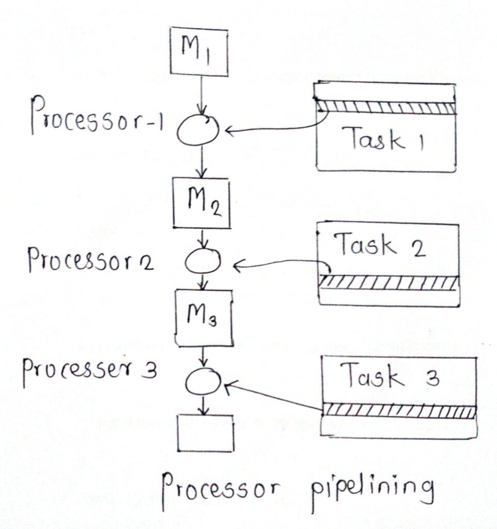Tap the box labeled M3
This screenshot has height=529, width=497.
pos(204,318)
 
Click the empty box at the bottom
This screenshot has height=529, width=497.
pos(205,433)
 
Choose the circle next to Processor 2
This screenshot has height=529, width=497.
pos(203,262)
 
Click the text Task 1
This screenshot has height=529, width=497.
pos(383,140)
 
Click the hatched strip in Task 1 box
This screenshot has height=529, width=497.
pos(385,107)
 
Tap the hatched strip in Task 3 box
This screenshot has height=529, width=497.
pos(398,411)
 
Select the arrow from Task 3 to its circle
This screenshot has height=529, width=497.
pos(274,396)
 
